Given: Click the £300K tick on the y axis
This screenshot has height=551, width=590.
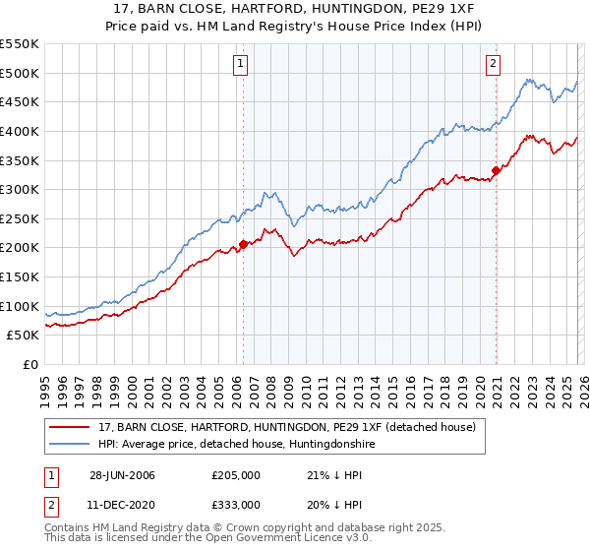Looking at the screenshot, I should pos(20,189).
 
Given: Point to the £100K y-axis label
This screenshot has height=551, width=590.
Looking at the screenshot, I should pos(20,306).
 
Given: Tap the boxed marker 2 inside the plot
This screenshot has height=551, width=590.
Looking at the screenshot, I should pos(494,65).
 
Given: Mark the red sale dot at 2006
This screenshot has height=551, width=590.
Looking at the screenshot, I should pos(244,245).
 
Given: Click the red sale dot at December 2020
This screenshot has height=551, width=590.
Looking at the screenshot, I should pos(496,170).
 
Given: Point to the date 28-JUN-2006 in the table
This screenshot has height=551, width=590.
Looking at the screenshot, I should pos(122,475).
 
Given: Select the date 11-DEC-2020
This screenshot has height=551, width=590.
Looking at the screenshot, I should pos(122,504).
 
